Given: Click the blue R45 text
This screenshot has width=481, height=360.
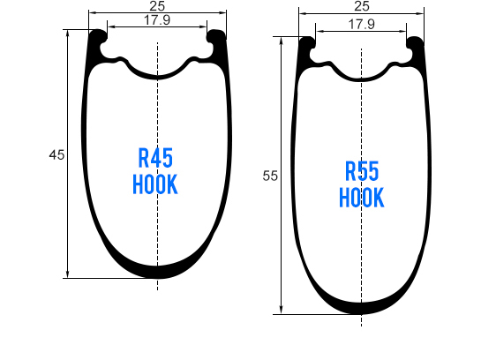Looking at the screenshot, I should coord(156,159).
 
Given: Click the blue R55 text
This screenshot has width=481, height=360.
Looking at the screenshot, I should coord(362,171).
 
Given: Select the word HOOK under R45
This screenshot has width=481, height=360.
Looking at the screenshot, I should coord(156,185).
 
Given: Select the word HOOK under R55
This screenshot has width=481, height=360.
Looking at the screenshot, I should coord(362,198).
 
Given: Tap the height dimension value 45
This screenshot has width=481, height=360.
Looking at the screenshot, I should coord(56,155).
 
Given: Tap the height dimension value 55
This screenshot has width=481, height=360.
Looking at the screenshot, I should coord(270,176).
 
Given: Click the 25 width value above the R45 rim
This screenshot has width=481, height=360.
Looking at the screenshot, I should coord(157,7).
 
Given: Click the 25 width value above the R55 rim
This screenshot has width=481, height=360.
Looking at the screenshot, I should coord(361,7).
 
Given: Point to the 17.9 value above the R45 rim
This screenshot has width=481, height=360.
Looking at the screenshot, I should coord(157,21).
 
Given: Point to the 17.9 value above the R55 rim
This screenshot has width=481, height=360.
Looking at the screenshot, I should coord(361,25).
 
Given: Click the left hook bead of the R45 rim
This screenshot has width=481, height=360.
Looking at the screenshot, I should coord(98,36).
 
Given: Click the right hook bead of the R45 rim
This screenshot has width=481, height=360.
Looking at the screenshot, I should coord(216,36).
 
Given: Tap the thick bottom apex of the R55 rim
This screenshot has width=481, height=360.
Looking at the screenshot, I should coord(361,307).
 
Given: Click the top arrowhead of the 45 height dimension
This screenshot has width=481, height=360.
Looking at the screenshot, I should coord(68,34).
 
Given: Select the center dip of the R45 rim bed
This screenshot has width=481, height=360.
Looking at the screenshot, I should coord(157,76).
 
